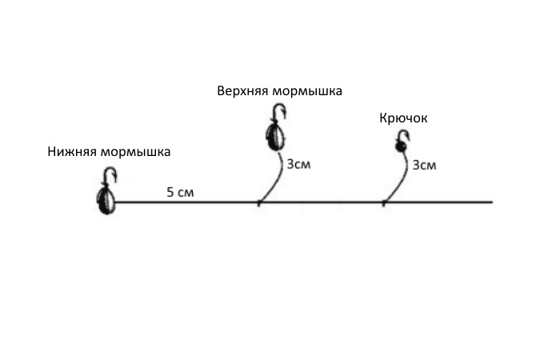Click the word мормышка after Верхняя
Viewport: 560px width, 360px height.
(307, 91)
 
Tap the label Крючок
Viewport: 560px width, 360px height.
(403, 118)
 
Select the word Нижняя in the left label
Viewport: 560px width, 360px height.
(74, 150)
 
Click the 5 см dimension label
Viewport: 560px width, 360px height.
(180, 193)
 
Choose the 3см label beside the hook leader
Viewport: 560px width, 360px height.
(425, 166)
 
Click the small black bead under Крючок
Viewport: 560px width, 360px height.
(399, 147)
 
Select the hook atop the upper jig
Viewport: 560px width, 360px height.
(277, 115)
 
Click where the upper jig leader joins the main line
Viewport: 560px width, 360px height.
(258, 202)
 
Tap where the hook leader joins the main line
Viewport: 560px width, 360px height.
(383, 202)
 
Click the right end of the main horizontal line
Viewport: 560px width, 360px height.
(491, 202)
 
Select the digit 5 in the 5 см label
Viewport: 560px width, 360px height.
(170, 193)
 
